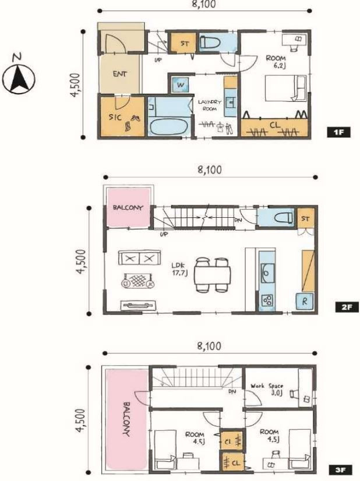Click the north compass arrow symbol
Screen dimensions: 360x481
(x=19, y=79)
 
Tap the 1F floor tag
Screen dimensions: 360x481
(x=338, y=133)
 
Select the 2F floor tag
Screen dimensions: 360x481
(x=347, y=307)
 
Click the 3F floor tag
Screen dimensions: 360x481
(x=340, y=470)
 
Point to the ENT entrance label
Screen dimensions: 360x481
(x=119, y=74)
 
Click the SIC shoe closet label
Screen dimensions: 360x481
(x=115, y=117)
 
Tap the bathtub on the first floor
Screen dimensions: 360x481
(x=168, y=127)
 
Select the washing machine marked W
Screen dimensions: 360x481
(x=181, y=84)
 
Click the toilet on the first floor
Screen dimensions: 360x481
(x=210, y=43)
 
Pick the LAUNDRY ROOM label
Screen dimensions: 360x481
(x=209, y=105)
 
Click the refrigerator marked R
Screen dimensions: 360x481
(x=305, y=301)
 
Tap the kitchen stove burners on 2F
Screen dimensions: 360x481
(x=267, y=300)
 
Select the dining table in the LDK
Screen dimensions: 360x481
(x=213, y=275)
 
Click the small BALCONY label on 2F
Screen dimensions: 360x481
(x=128, y=208)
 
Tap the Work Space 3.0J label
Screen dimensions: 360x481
(x=267, y=389)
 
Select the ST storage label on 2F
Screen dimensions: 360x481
(x=305, y=219)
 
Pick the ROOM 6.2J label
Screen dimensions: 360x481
(x=276, y=61)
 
